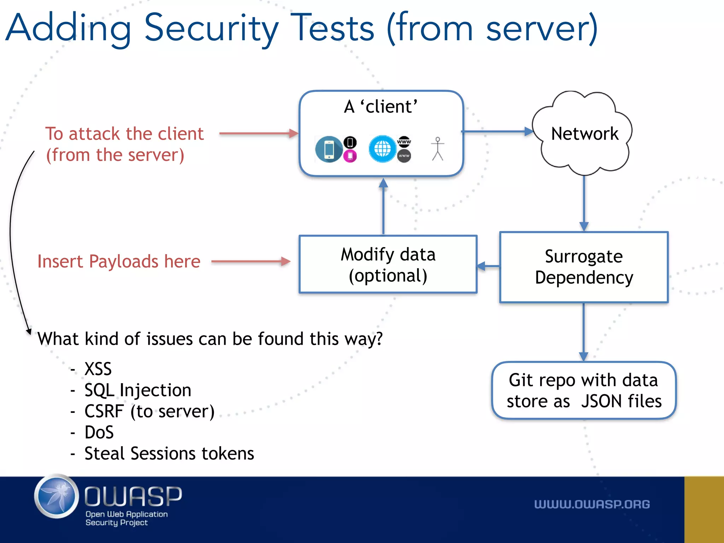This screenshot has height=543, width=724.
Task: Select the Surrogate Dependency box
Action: [584, 267]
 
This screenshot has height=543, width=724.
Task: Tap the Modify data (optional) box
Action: [388, 264]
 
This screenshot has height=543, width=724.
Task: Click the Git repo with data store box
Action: [584, 390]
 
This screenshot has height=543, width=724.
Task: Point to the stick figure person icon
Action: [438, 149]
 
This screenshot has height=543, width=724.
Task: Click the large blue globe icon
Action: [382, 149]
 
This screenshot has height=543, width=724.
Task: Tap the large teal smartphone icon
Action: [328, 149]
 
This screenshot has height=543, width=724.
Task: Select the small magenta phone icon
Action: [350, 156]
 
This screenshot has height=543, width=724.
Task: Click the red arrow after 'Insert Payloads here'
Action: [251, 262]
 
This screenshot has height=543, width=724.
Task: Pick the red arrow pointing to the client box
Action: [258, 134]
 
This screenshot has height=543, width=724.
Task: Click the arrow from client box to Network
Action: [497, 132]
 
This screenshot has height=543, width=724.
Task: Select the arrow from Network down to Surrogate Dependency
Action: [584, 203]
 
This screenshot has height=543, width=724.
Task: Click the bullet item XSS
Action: [98, 369]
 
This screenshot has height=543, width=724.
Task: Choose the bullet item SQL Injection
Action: [138, 390]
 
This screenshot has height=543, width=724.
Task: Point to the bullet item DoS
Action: [99, 432]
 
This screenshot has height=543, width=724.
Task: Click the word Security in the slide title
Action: [211, 28]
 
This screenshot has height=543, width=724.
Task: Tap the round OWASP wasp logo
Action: [57, 496]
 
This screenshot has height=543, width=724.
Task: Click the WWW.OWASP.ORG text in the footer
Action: [592, 504]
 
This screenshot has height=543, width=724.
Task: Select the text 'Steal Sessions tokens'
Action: [169, 453]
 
